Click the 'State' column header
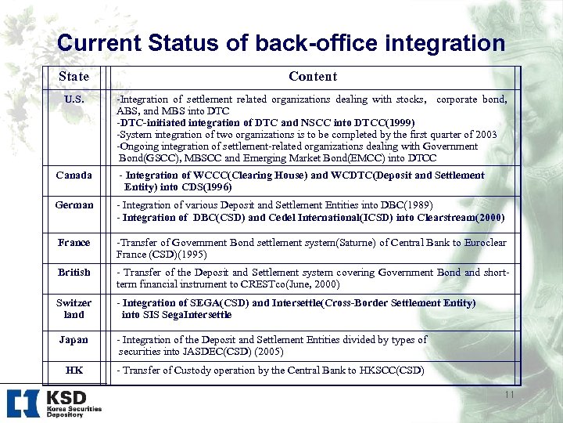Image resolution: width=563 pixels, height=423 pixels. click(74, 77)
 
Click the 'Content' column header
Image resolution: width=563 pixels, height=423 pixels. click(312, 76)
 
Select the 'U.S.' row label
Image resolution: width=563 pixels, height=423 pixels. click(74, 100)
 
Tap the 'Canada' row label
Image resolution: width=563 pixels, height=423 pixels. click(74, 175)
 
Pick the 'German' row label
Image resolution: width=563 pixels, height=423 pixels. click(74, 205)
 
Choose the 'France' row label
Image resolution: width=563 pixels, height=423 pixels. click(74, 243)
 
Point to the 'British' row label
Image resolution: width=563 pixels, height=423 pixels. click(74, 273)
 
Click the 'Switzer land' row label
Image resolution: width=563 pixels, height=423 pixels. click(74, 309)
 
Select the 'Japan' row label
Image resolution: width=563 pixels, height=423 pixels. click(74, 340)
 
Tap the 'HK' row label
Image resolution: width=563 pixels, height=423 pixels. click(74, 370)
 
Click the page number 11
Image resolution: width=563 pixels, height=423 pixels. click(509, 395)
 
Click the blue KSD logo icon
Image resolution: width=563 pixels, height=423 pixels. click(23, 403)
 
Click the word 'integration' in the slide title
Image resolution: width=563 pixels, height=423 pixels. click(436, 43)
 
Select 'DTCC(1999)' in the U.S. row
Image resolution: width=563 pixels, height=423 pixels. click(385, 123)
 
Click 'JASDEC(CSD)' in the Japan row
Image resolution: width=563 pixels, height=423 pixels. click(206, 352)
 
